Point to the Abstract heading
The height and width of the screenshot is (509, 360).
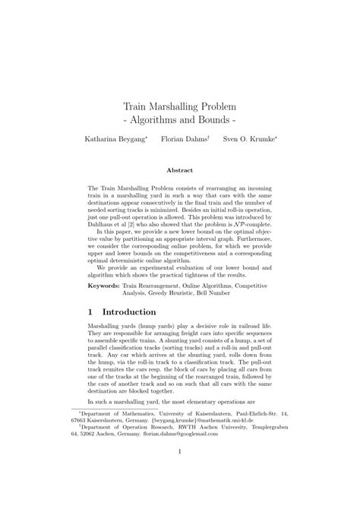pyautogui.click(x=180, y=170)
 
